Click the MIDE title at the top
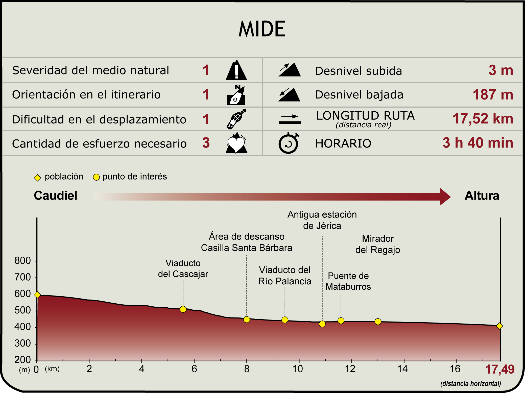[262, 29]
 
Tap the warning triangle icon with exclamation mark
[236, 70]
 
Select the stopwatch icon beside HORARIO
[289, 143]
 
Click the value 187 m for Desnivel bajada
[493, 95]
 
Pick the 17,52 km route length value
[483, 118]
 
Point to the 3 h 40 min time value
[478, 143]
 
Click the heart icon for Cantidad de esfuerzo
[236, 143]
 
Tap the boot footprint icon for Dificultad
[236, 119]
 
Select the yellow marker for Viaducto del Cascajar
[183, 309]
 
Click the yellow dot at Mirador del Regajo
[378, 322]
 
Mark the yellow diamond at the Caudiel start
[37, 295]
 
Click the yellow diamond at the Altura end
[499, 326]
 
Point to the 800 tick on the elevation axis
[23, 261]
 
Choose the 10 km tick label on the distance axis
[298, 369]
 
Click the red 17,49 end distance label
[500, 369]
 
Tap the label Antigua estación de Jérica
[322, 220]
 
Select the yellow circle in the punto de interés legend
[96, 177]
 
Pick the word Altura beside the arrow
[482, 195]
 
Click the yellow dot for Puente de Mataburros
[341, 321]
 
